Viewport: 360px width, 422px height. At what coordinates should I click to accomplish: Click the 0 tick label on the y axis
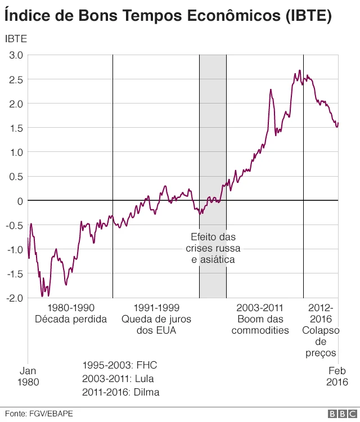coord(20,200)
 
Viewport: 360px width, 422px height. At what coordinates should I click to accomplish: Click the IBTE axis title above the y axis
coord(16,39)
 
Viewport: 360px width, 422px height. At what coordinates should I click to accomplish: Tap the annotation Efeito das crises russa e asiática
coord(213,248)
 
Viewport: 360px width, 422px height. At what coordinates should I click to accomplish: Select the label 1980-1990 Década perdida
coord(71,313)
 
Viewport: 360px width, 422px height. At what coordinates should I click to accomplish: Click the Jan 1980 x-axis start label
coord(28,376)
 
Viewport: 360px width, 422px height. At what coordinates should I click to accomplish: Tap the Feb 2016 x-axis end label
coord(337,376)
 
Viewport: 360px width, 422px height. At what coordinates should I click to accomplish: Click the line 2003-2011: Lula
coord(118,378)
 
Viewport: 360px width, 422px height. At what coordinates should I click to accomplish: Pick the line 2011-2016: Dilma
coord(120,392)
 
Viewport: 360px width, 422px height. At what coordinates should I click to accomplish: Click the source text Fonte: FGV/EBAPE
coord(37,414)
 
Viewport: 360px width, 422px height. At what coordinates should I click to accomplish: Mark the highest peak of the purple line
coord(300,70)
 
